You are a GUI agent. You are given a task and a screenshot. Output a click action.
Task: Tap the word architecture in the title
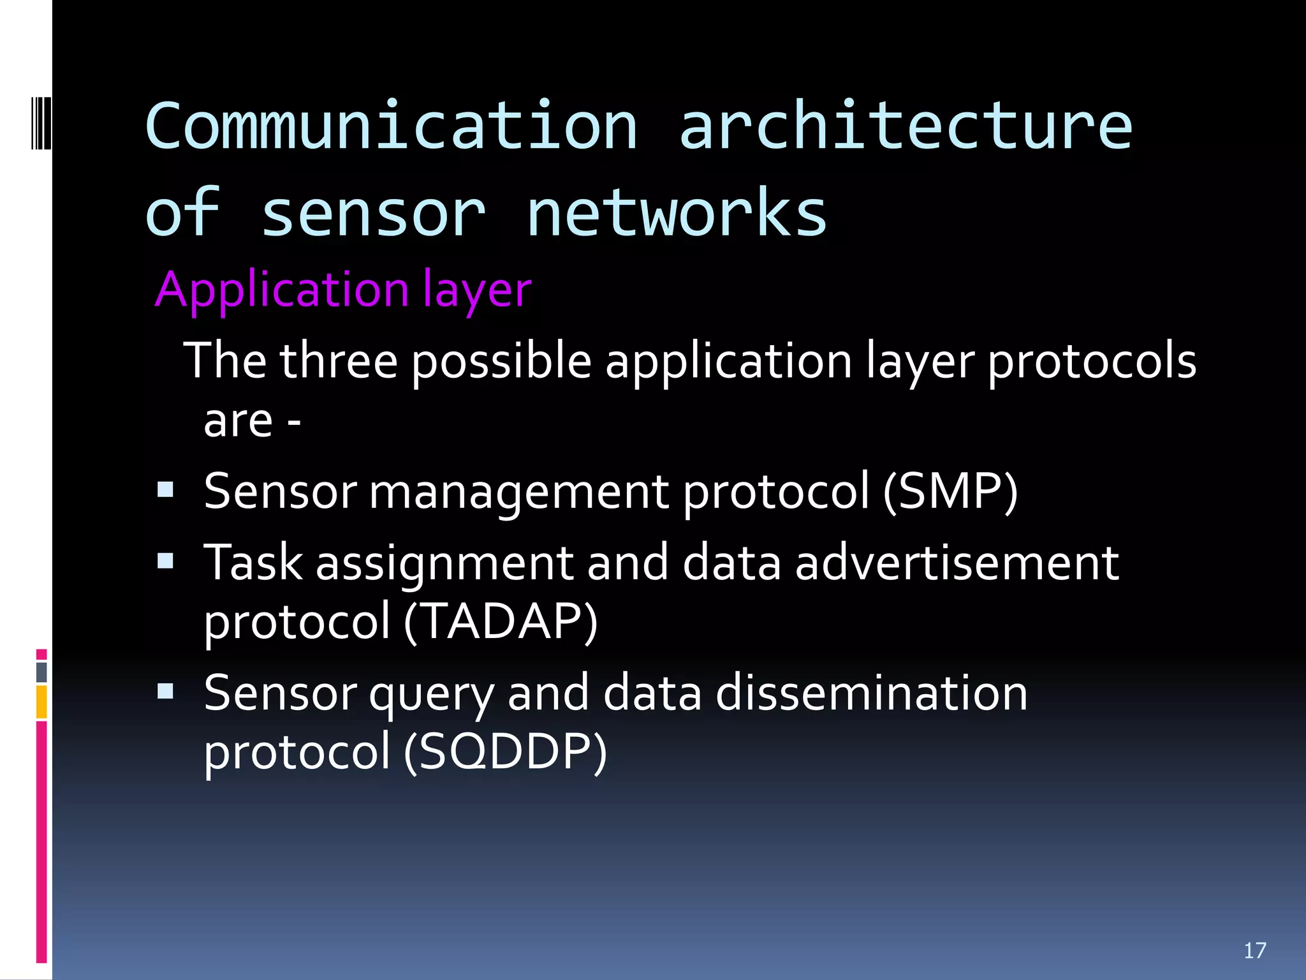[x=906, y=126]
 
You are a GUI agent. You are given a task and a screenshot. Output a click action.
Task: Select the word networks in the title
[x=676, y=213]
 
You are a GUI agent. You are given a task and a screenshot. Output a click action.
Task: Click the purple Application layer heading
[x=343, y=290]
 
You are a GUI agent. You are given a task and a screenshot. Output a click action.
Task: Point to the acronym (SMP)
[x=950, y=491]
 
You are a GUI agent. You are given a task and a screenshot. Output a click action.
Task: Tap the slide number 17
[x=1254, y=951]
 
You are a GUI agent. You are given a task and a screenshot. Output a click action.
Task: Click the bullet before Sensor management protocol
[x=165, y=489]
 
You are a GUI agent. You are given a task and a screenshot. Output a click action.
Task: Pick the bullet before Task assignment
[x=165, y=561]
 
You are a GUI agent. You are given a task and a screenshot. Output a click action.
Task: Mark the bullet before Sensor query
[x=165, y=691]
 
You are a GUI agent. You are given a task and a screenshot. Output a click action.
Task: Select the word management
[x=518, y=493]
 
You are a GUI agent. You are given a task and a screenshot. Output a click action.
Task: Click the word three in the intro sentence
[x=338, y=361]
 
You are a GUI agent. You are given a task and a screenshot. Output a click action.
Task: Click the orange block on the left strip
[x=41, y=702]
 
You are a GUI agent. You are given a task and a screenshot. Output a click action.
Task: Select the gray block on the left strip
[x=41, y=672]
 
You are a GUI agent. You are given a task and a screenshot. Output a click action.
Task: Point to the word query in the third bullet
[x=431, y=695]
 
